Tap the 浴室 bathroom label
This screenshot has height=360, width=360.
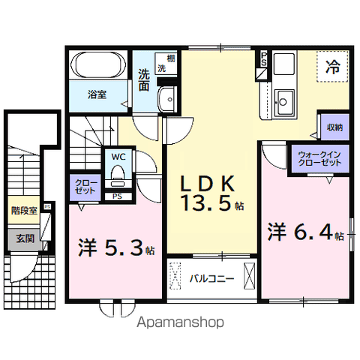pyautogui.click(x=97, y=95)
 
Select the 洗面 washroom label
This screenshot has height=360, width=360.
pyautogui.click(x=144, y=80)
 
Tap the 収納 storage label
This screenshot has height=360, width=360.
pyautogui.click(x=334, y=127)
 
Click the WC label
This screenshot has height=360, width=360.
pyautogui.click(x=118, y=156)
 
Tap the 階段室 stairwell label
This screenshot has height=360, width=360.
pyautogui.click(x=24, y=211)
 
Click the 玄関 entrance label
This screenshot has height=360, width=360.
pyautogui.click(x=24, y=239)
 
